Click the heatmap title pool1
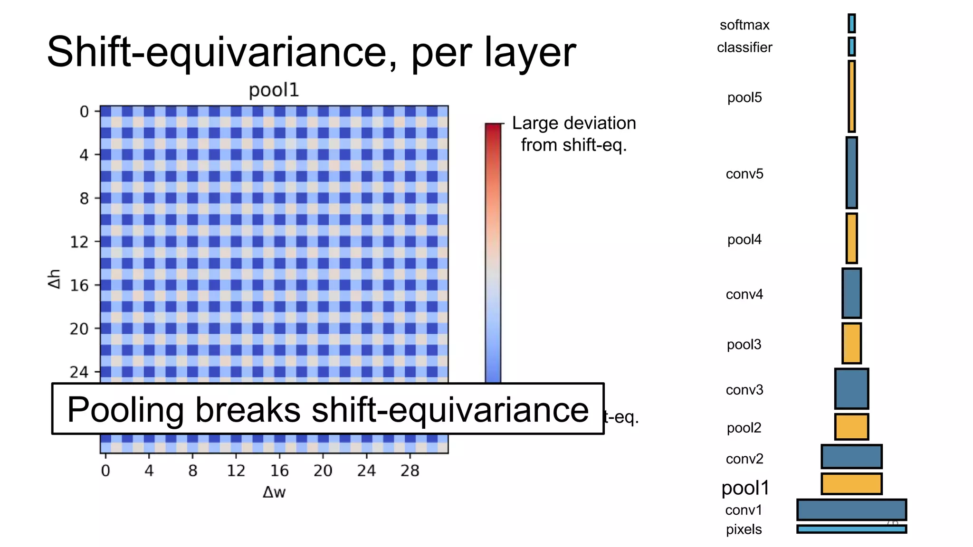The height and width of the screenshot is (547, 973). point(274,90)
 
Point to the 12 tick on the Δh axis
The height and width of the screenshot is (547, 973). point(79,242)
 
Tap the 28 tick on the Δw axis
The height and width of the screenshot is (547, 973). point(410,471)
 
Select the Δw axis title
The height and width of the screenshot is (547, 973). point(274,492)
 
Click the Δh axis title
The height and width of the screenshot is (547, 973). point(55,279)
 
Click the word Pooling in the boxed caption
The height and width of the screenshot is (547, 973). point(125,409)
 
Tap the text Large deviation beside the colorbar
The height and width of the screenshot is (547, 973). point(574,123)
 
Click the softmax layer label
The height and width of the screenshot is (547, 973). point(744,25)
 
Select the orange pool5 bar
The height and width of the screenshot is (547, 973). point(851,96)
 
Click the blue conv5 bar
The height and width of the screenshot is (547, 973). point(851,173)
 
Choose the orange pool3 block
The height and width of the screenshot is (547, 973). point(851,343)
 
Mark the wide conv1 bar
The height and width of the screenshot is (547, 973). point(851,509)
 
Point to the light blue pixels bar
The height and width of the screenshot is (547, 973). point(851,529)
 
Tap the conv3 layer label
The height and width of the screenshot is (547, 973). point(744,390)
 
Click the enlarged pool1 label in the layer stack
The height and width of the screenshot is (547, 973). point(745,488)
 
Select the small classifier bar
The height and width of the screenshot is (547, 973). point(851,47)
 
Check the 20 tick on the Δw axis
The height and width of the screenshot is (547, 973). point(323,471)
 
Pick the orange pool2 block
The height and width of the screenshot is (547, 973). point(851,426)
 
